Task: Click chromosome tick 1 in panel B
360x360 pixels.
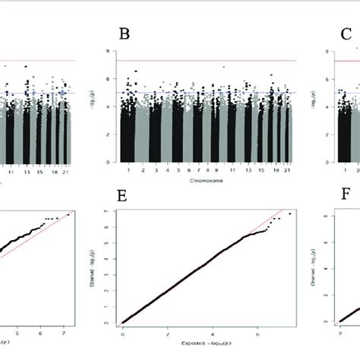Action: [131, 172]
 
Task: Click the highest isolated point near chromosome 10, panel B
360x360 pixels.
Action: [224, 67]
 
